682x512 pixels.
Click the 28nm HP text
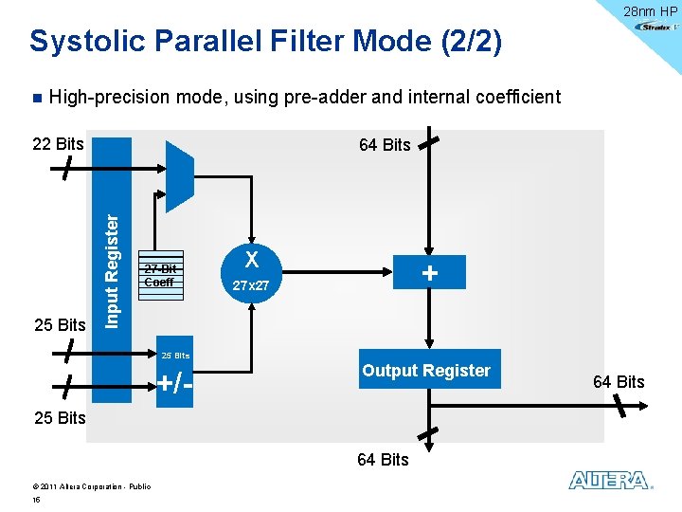click(x=649, y=10)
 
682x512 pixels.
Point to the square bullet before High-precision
click(x=35, y=98)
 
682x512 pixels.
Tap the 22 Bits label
click(x=58, y=144)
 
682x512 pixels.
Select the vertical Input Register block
click(x=112, y=269)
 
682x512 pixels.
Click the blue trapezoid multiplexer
click(x=179, y=176)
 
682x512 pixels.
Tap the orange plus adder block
click(x=430, y=273)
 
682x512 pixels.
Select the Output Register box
click(x=426, y=371)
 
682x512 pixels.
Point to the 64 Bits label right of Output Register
click(x=618, y=382)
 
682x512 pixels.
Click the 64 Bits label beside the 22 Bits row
click(x=384, y=144)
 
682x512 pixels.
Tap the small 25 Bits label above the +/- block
click(x=175, y=356)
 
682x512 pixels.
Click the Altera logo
click(x=610, y=481)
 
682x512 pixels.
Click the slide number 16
click(x=36, y=499)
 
